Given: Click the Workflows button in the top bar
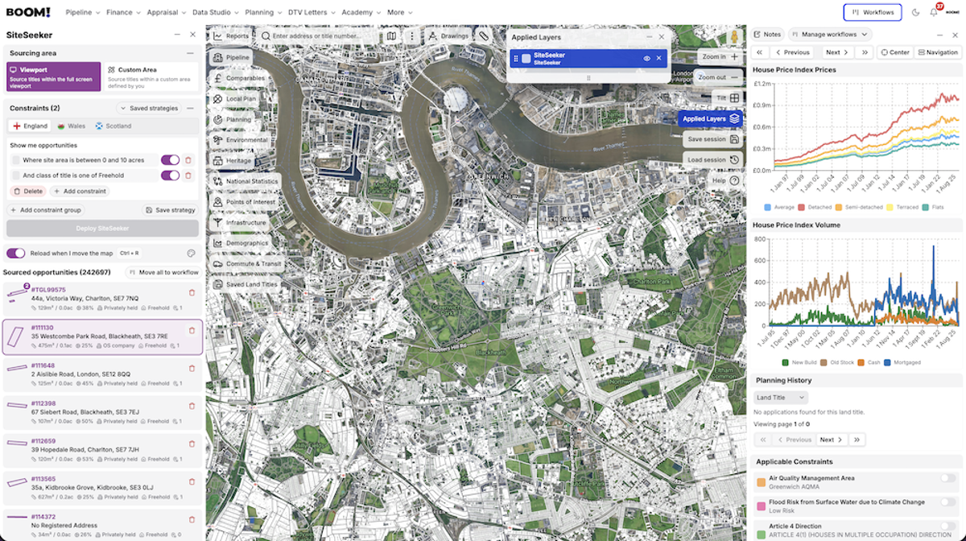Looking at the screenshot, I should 872,12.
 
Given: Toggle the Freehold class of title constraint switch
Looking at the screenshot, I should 170,176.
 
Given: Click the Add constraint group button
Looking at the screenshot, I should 46,210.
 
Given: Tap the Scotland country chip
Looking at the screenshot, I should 113,126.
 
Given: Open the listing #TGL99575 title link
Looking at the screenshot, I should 49,290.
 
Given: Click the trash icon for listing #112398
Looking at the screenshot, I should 192,403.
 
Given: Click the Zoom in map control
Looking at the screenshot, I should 719,57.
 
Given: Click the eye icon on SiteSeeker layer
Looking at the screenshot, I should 646,58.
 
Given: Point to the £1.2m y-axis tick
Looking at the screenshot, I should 762,84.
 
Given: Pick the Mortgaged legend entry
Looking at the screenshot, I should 903,362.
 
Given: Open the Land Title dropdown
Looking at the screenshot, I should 780,398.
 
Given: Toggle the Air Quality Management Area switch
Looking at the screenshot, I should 948,478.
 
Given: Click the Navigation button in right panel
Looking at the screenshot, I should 939,52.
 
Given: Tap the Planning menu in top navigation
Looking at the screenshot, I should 262,13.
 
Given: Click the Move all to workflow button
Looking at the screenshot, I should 164,272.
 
